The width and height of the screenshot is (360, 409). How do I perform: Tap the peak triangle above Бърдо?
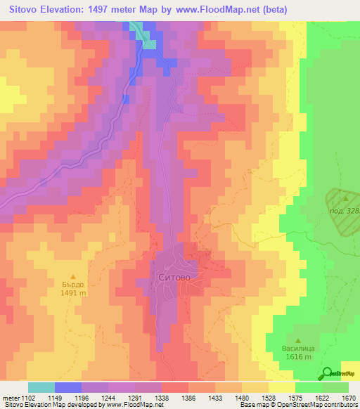pos(72,276)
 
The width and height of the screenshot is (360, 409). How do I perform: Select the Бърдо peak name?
pos(72,285)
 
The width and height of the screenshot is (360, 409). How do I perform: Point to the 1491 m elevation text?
pos(72,294)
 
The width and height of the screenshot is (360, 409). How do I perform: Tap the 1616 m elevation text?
pos(299,357)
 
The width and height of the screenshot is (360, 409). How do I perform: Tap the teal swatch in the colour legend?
pos(41,387)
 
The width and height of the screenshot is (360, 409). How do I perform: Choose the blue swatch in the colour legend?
pos(67,387)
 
